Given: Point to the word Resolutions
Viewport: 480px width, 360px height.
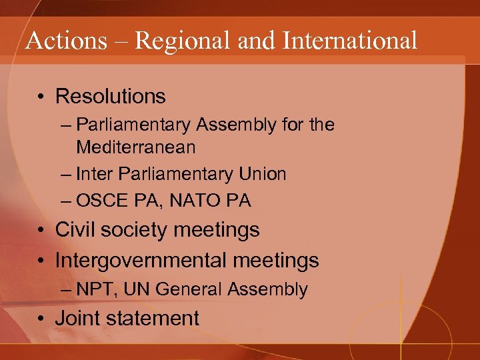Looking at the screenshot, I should coord(110,97).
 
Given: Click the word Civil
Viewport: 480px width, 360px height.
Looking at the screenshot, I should coord(74,231).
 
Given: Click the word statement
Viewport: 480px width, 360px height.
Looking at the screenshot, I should coord(154,319).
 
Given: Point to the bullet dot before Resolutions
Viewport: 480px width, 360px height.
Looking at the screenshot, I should coord(41,97).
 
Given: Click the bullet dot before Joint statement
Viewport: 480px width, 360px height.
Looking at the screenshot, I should coord(41,319).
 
